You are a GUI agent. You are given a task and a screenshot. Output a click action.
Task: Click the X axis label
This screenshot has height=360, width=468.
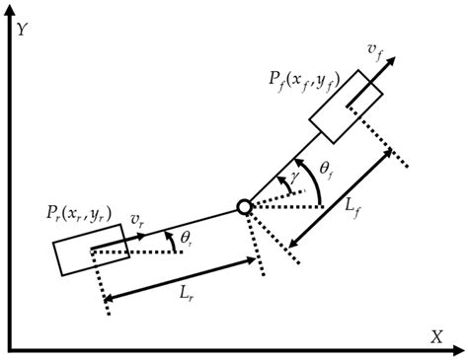pos(435,336)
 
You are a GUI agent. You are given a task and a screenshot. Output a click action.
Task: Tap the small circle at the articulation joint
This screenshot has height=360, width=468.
pos(244,206)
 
